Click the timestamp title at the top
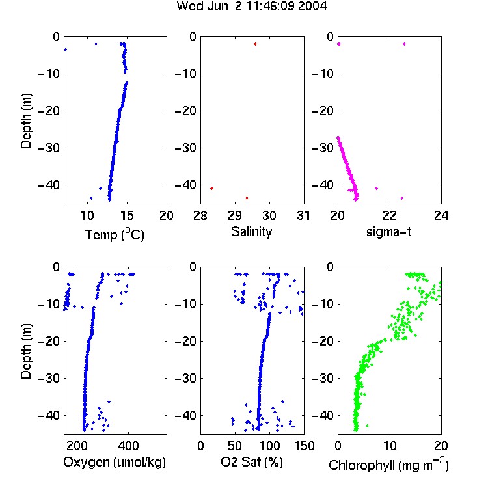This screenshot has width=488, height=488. [x=251, y=6]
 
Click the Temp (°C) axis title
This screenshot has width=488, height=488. [x=115, y=234]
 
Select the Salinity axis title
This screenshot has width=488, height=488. [x=251, y=232]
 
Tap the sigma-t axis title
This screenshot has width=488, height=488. [x=388, y=232]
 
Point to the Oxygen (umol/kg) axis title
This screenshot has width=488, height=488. [x=115, y=462]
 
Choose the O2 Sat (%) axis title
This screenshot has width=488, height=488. [x=252, y=462]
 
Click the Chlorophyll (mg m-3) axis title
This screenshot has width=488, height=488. [x=388, y=465]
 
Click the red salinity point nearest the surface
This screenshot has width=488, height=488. [x=255, y=44]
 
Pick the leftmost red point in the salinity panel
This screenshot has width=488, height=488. [x=211, y=188]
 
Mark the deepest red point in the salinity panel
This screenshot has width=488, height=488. [x=247, y=198]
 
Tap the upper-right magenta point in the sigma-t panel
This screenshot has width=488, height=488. [x=404, y=44]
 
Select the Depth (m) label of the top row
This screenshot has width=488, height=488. [x=26, y=121]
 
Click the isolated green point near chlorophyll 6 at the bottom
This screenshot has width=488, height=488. [x=367, y=426]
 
